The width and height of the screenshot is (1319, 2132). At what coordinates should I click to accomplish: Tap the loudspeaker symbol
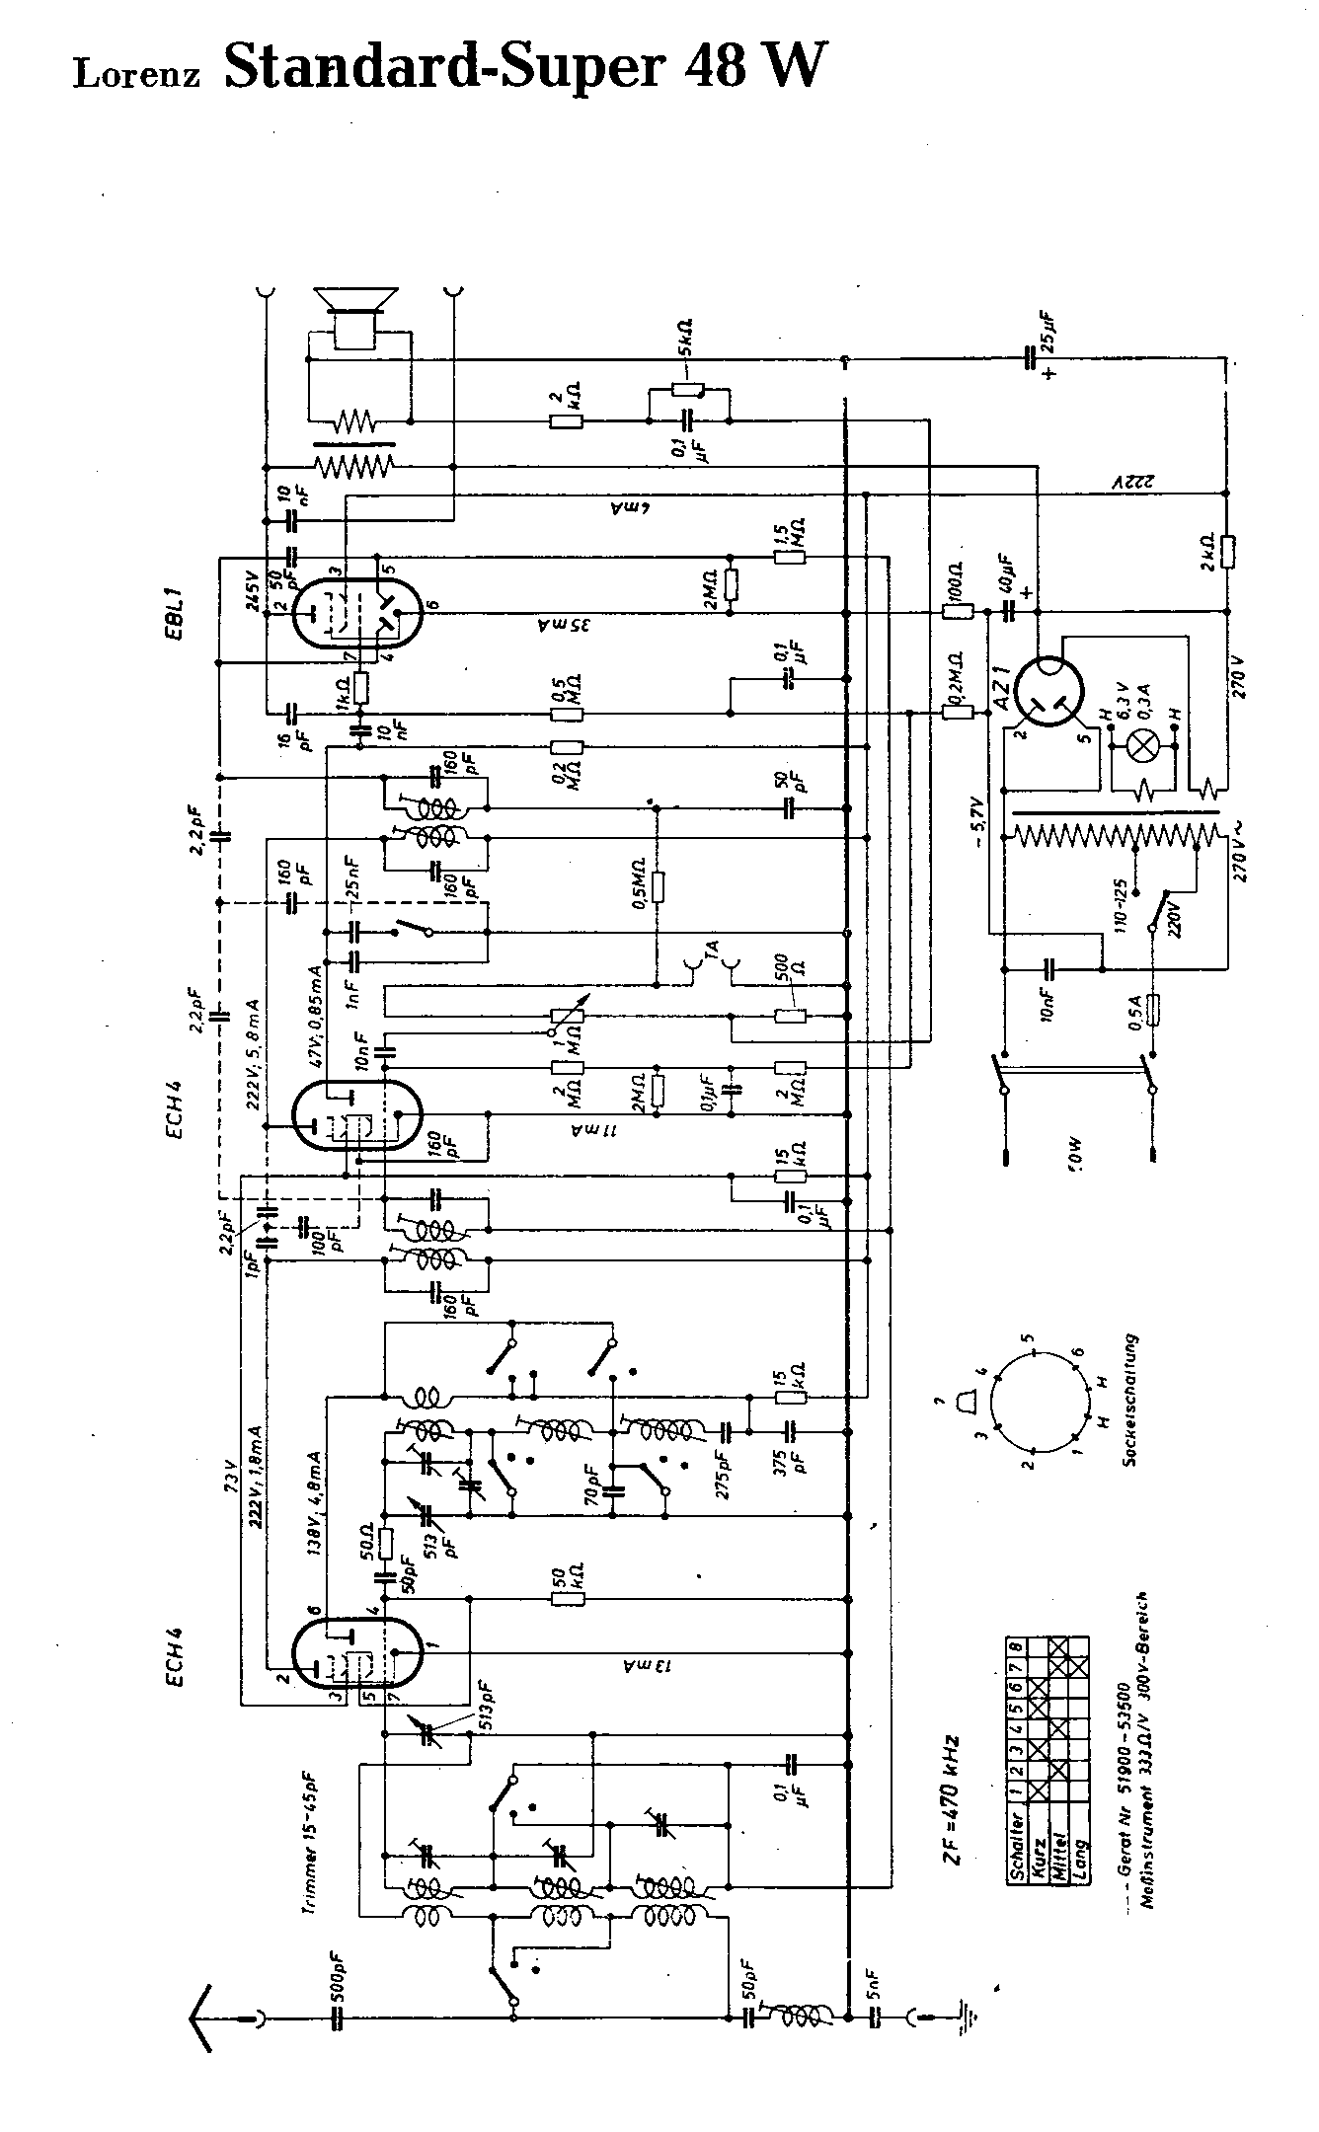354,317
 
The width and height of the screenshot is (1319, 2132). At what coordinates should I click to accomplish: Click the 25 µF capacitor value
1046,335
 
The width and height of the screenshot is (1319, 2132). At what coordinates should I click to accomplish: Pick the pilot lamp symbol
1144,747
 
